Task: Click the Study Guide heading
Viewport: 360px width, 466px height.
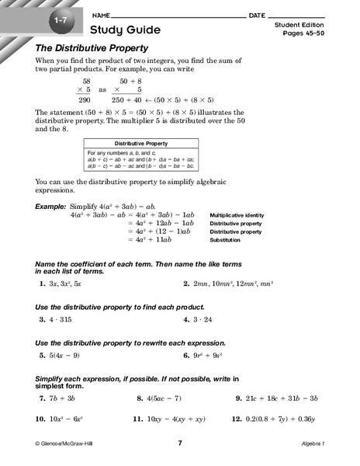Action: point(126,30)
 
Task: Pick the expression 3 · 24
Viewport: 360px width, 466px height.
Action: point(206,319)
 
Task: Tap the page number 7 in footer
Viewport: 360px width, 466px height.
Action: point(179,443)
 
